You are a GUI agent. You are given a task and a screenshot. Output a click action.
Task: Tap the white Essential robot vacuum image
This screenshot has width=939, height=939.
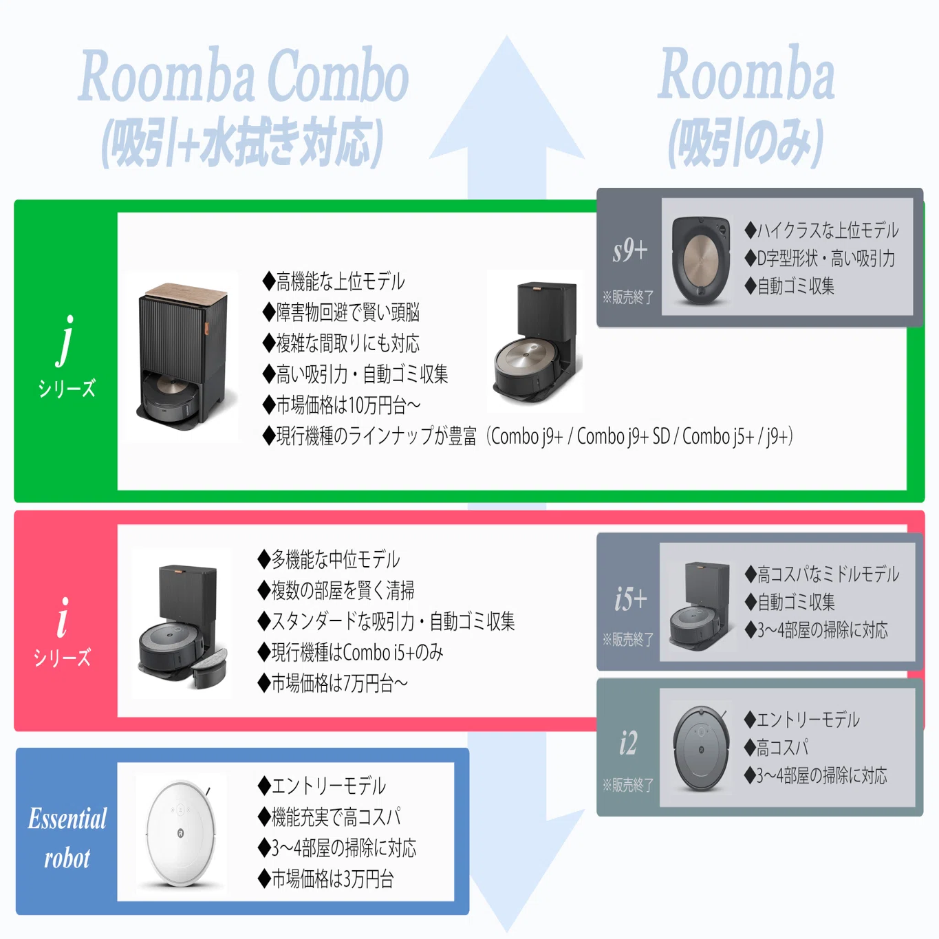point(181,834)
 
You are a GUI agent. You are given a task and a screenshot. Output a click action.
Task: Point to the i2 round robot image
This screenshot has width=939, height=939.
point(701,748)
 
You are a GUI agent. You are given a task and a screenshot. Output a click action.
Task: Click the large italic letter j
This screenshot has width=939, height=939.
point(65,341)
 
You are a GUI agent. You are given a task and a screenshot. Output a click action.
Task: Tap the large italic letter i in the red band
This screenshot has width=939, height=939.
point(63,617)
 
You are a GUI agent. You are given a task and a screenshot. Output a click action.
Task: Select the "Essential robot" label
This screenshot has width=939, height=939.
point(67,838)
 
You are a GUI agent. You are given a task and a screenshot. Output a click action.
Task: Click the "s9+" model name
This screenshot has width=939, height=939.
point(630,250)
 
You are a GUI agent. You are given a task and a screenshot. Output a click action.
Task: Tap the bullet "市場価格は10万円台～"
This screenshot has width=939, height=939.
point(341,405)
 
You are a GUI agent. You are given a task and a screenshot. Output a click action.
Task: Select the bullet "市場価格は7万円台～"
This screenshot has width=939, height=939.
point(333,683)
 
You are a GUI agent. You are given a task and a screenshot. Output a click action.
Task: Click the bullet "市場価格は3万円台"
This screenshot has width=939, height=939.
point(325,878)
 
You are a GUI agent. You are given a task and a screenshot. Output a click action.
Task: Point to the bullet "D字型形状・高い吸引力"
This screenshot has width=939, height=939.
point(819,258)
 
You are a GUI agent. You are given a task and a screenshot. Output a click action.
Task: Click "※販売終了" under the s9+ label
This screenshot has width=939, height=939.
point(628,296)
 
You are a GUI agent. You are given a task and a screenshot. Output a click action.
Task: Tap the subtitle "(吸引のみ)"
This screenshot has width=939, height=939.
point(746,143)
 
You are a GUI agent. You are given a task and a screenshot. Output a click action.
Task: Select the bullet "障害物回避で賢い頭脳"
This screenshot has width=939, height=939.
point(341,312)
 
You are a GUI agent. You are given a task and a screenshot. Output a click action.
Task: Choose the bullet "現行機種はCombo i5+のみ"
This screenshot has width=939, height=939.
point(350,652)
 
